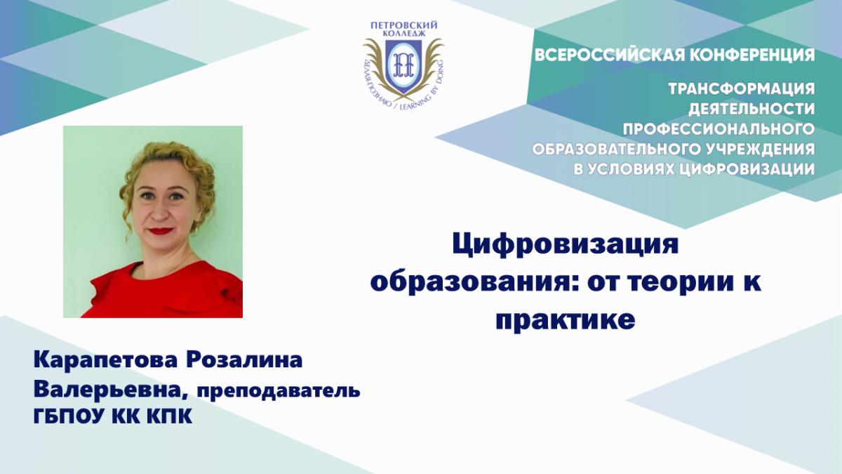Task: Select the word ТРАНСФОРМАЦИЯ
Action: click(742, 89)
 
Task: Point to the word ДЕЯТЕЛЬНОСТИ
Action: click(751, 109)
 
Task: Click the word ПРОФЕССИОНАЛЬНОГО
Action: click(719, 129)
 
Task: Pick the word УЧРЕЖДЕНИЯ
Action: click(756, 150)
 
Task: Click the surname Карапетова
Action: click(106, 360)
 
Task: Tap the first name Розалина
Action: click(244, 360)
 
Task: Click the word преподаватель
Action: click(276, 392)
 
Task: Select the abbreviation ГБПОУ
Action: click(69, 416)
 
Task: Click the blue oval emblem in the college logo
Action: click(403, 65)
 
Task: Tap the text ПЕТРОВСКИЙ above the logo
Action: click(403, 25)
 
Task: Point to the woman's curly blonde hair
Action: click(170, 166)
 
